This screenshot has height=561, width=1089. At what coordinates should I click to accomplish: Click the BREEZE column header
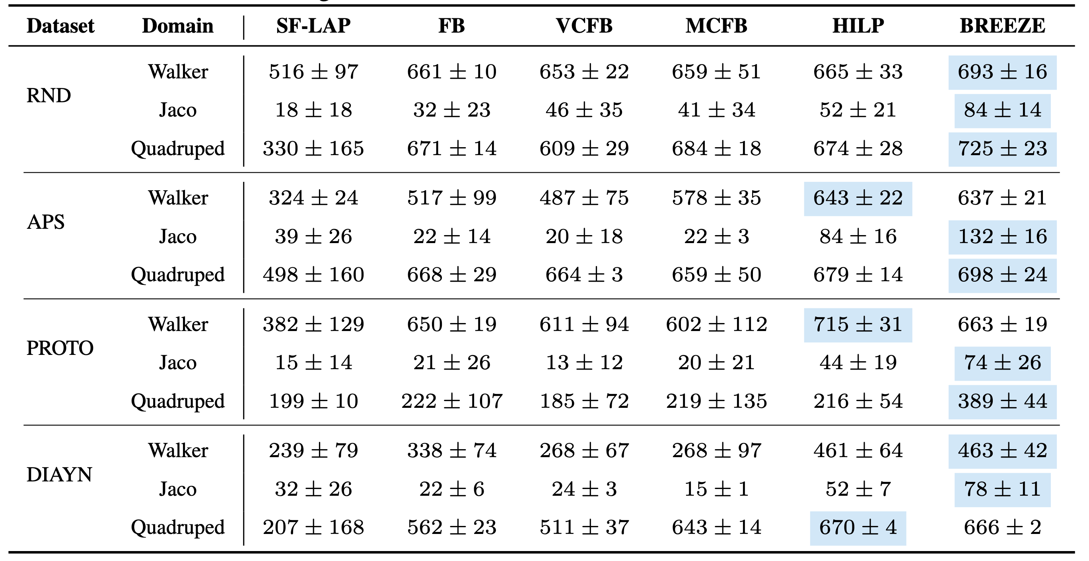[1002, 26]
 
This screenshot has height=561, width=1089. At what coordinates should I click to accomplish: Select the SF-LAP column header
[313, 26]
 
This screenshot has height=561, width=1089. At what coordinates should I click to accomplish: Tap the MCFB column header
[716, 26]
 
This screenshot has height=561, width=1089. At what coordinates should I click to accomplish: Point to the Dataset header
[60, 26]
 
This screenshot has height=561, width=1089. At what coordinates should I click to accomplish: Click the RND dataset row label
[49, 95]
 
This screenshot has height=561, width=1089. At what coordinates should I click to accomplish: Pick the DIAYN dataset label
[59, 475]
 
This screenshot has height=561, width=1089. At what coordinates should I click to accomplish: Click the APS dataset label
[46, 222]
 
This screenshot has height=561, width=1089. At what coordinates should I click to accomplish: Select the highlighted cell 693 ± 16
[1002, 72]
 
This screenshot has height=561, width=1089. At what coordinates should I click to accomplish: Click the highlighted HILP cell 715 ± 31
[858, 325]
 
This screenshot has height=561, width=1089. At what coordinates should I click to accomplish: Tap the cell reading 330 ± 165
[313, 149]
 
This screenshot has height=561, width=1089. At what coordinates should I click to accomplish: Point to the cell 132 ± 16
[1002, 237]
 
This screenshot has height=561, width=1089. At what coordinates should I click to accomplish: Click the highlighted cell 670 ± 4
[858, 528]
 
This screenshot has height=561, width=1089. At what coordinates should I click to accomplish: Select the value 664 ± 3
[584, 275]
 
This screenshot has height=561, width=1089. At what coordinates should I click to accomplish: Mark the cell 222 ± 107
[451, 401]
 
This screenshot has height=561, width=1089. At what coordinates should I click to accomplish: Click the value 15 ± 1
[716, 489]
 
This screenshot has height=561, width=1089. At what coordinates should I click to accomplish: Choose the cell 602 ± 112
[716, 325]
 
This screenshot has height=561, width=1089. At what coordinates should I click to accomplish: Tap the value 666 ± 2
[1002, 528]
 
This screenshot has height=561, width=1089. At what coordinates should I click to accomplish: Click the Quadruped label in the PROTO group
[177, 401]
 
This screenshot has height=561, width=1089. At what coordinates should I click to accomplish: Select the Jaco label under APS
[177, 237]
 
